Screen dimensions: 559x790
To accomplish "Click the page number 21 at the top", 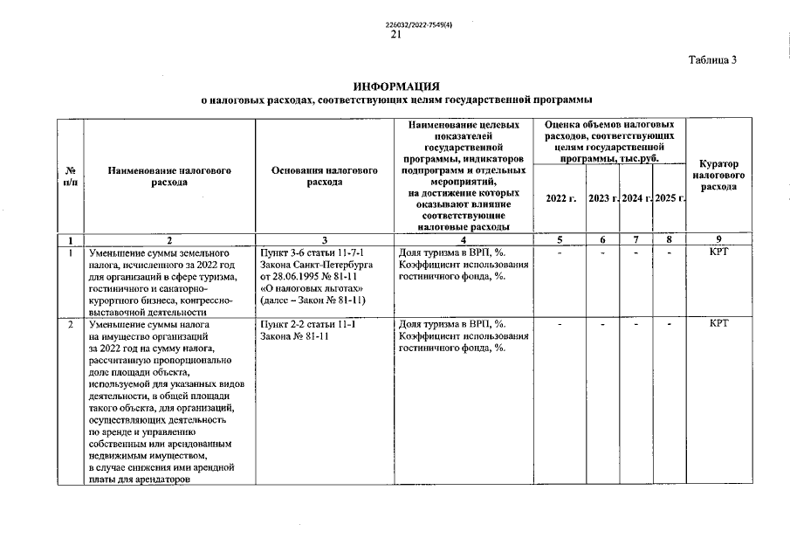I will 395,35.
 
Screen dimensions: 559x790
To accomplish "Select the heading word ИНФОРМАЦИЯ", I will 396,86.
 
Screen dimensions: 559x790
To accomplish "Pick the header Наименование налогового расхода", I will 168,177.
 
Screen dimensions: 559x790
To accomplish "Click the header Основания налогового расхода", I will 324,177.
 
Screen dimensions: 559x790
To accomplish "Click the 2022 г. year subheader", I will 560,198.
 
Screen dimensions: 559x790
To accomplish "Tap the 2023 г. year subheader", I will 604,198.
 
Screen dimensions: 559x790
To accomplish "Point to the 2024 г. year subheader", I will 636,198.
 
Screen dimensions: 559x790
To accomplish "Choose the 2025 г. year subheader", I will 670,198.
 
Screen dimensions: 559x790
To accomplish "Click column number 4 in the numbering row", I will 464,239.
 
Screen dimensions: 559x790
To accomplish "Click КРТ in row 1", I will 718,251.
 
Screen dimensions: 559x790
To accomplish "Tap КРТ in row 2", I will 718,324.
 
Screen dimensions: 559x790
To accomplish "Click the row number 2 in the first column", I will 70,324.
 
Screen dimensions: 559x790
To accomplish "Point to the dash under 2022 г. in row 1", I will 560,252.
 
